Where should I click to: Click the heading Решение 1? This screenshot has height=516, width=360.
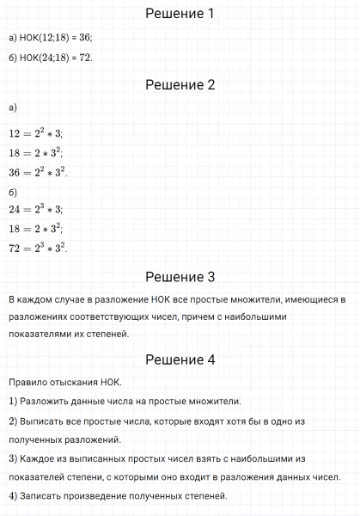pyautogui.click(x=180, y=14)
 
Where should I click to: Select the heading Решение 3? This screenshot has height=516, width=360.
pyautogui.click(x=180, y=277)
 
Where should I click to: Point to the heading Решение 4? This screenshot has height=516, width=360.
pyautogui.click(x=180, y=359)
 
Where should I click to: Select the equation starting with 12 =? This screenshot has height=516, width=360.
pyautogui.click(x=35, y=133)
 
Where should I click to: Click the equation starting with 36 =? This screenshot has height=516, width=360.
pyautogui.click(x=38, y=171)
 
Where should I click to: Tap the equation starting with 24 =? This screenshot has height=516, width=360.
pyautogui.click(x=35, y=209)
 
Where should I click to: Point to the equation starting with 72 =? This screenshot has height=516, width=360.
pyautogui.click(x=38, y=248)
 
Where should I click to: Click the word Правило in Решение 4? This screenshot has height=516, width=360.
pyautogui.click(x=29, y=381)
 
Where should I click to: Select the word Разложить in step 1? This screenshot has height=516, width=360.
pyautogui.click(x=47, y=401)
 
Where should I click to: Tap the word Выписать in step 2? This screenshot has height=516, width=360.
pyautogui.click(x=46, y=421)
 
